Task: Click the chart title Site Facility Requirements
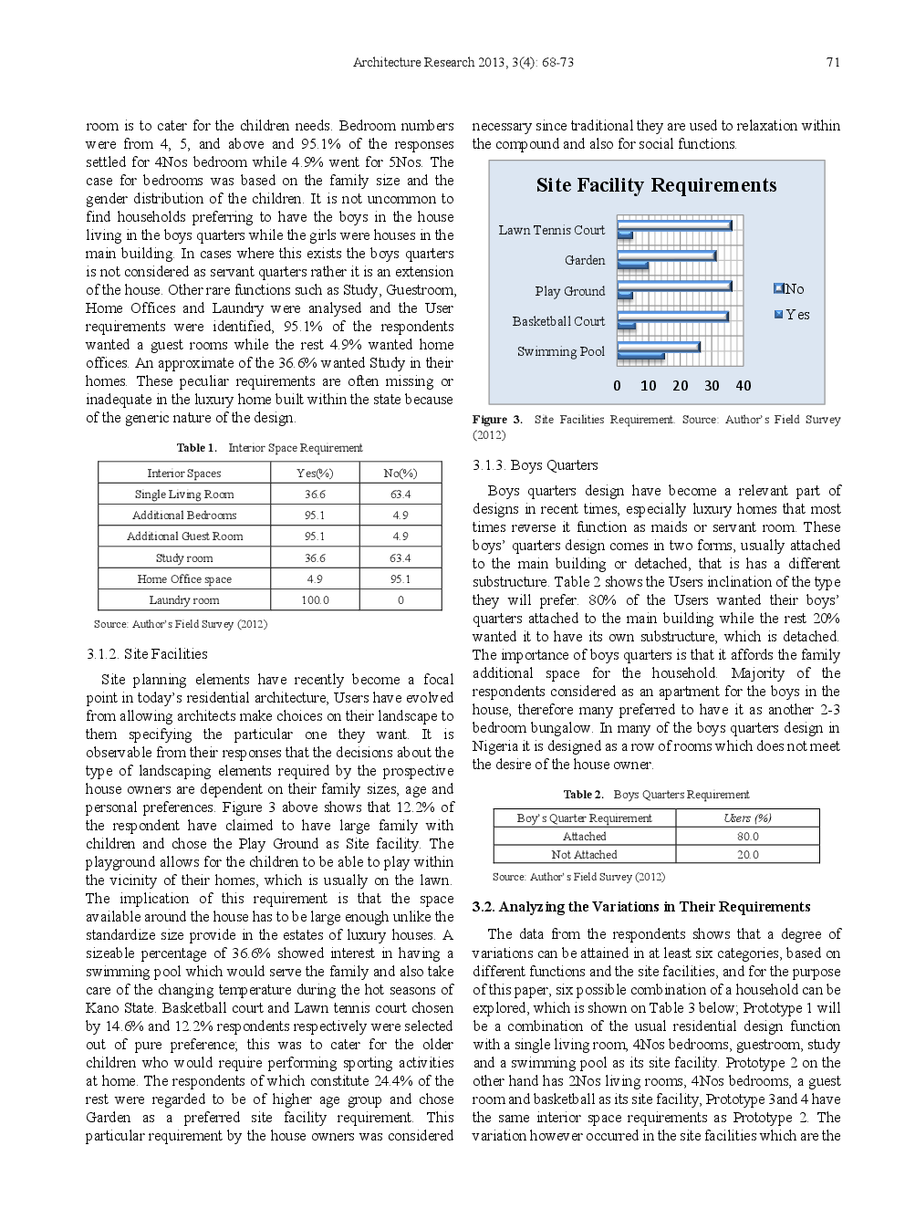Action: (x=656, y=185)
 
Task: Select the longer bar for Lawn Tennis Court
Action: (x=674, y=224)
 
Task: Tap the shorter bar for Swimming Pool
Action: (x=640, y=356)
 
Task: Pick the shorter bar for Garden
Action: (x=632, y=266)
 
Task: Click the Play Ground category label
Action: (x=569, y=291)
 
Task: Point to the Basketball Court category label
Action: (x=558, y=321)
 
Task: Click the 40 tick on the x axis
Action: (x=743, y=386)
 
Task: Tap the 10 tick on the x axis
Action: (x=648, y=386)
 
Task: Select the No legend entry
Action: (x=790, y=289)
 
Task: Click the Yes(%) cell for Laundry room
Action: (x=315, y=600)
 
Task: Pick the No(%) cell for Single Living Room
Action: (x=400, y=495)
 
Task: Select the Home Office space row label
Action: (x=184, y=579)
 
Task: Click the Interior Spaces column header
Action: (x=184, y=474)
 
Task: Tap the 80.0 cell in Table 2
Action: (x=747, y=837)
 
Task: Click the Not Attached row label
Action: (x=584, y=855)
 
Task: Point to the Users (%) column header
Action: (x=747, y=818)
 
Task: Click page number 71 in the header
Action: (x=832, y=63)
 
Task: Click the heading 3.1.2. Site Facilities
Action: (x=147, y=654)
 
